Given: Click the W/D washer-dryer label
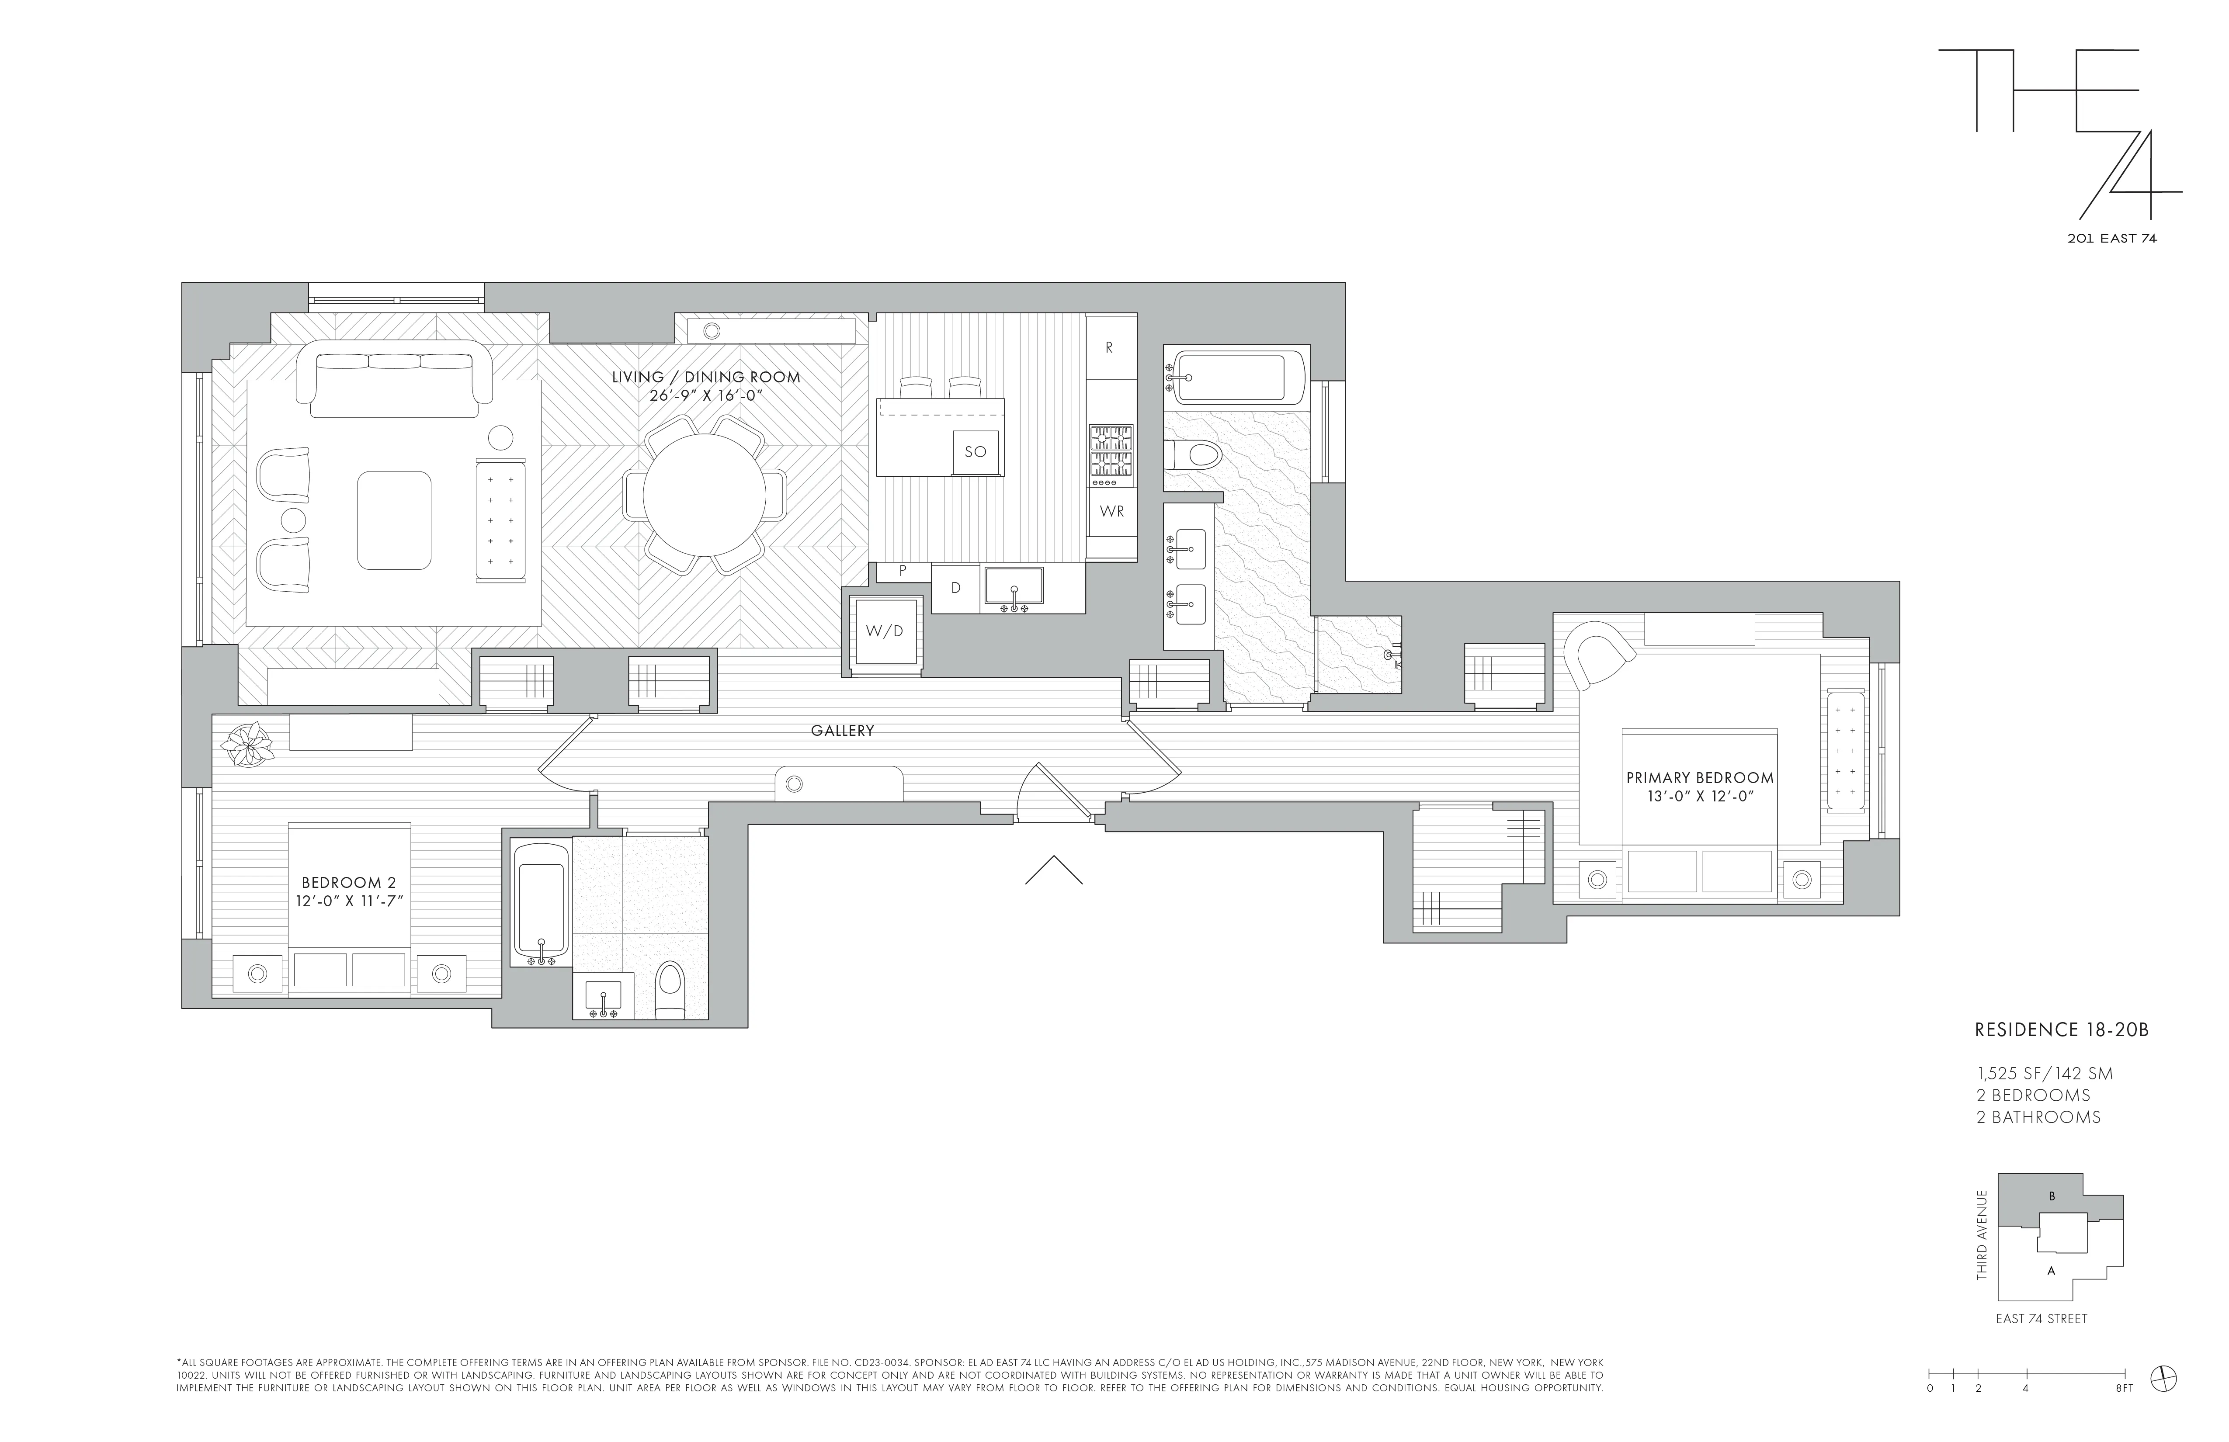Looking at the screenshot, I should click(884, 631).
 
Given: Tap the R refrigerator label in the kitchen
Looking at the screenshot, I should click(1109, 347).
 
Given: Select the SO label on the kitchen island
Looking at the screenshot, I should click(975, 451).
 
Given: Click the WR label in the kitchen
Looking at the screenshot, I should click(1112, 511).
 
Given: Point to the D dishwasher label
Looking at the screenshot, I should click(955, 588).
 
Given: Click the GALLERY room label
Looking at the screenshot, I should click(842, 730).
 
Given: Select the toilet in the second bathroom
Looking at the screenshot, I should click(670, 989).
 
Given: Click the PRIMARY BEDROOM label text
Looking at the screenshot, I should click(1699, 778).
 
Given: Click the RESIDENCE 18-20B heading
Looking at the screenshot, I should click(2060, 1030).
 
